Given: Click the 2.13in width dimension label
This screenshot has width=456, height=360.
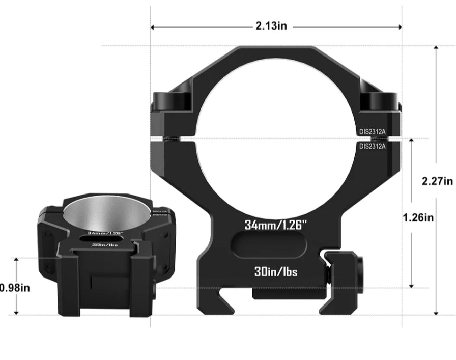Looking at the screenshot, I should (x=271, y=26).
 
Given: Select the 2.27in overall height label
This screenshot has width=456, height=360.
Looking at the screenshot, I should (x=437, y=181).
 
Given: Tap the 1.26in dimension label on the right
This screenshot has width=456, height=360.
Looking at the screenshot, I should (x=418, y=217).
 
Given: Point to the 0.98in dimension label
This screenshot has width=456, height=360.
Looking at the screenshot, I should (x=15, y=288).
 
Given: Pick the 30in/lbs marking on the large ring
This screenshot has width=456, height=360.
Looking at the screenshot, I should (x=276, y=272).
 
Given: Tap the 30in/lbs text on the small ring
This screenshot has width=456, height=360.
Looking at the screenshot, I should (x=105, y=245).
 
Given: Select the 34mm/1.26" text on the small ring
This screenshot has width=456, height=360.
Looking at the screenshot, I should (x=105, y=233).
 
